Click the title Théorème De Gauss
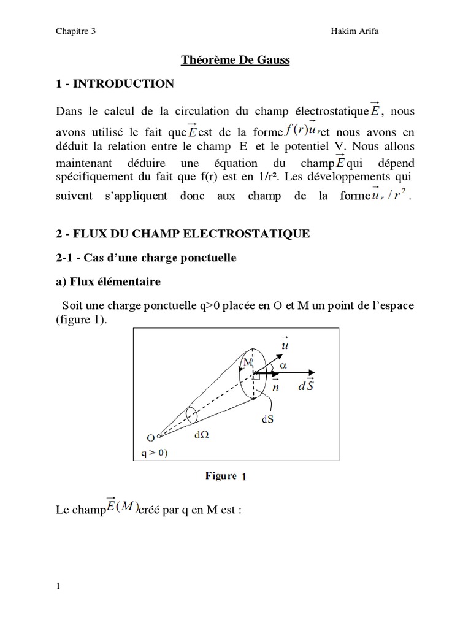pos(234,60)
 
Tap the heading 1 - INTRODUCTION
pos(115,84)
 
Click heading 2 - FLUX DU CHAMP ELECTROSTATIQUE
pos(183,234)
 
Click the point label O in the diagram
pos(150,438)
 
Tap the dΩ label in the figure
pos(202,435)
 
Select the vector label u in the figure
pos(285,345)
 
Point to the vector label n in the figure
pos(275,387)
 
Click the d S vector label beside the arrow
pos(307,387)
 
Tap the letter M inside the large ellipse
pos(248,362)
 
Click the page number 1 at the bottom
pos(58,586)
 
